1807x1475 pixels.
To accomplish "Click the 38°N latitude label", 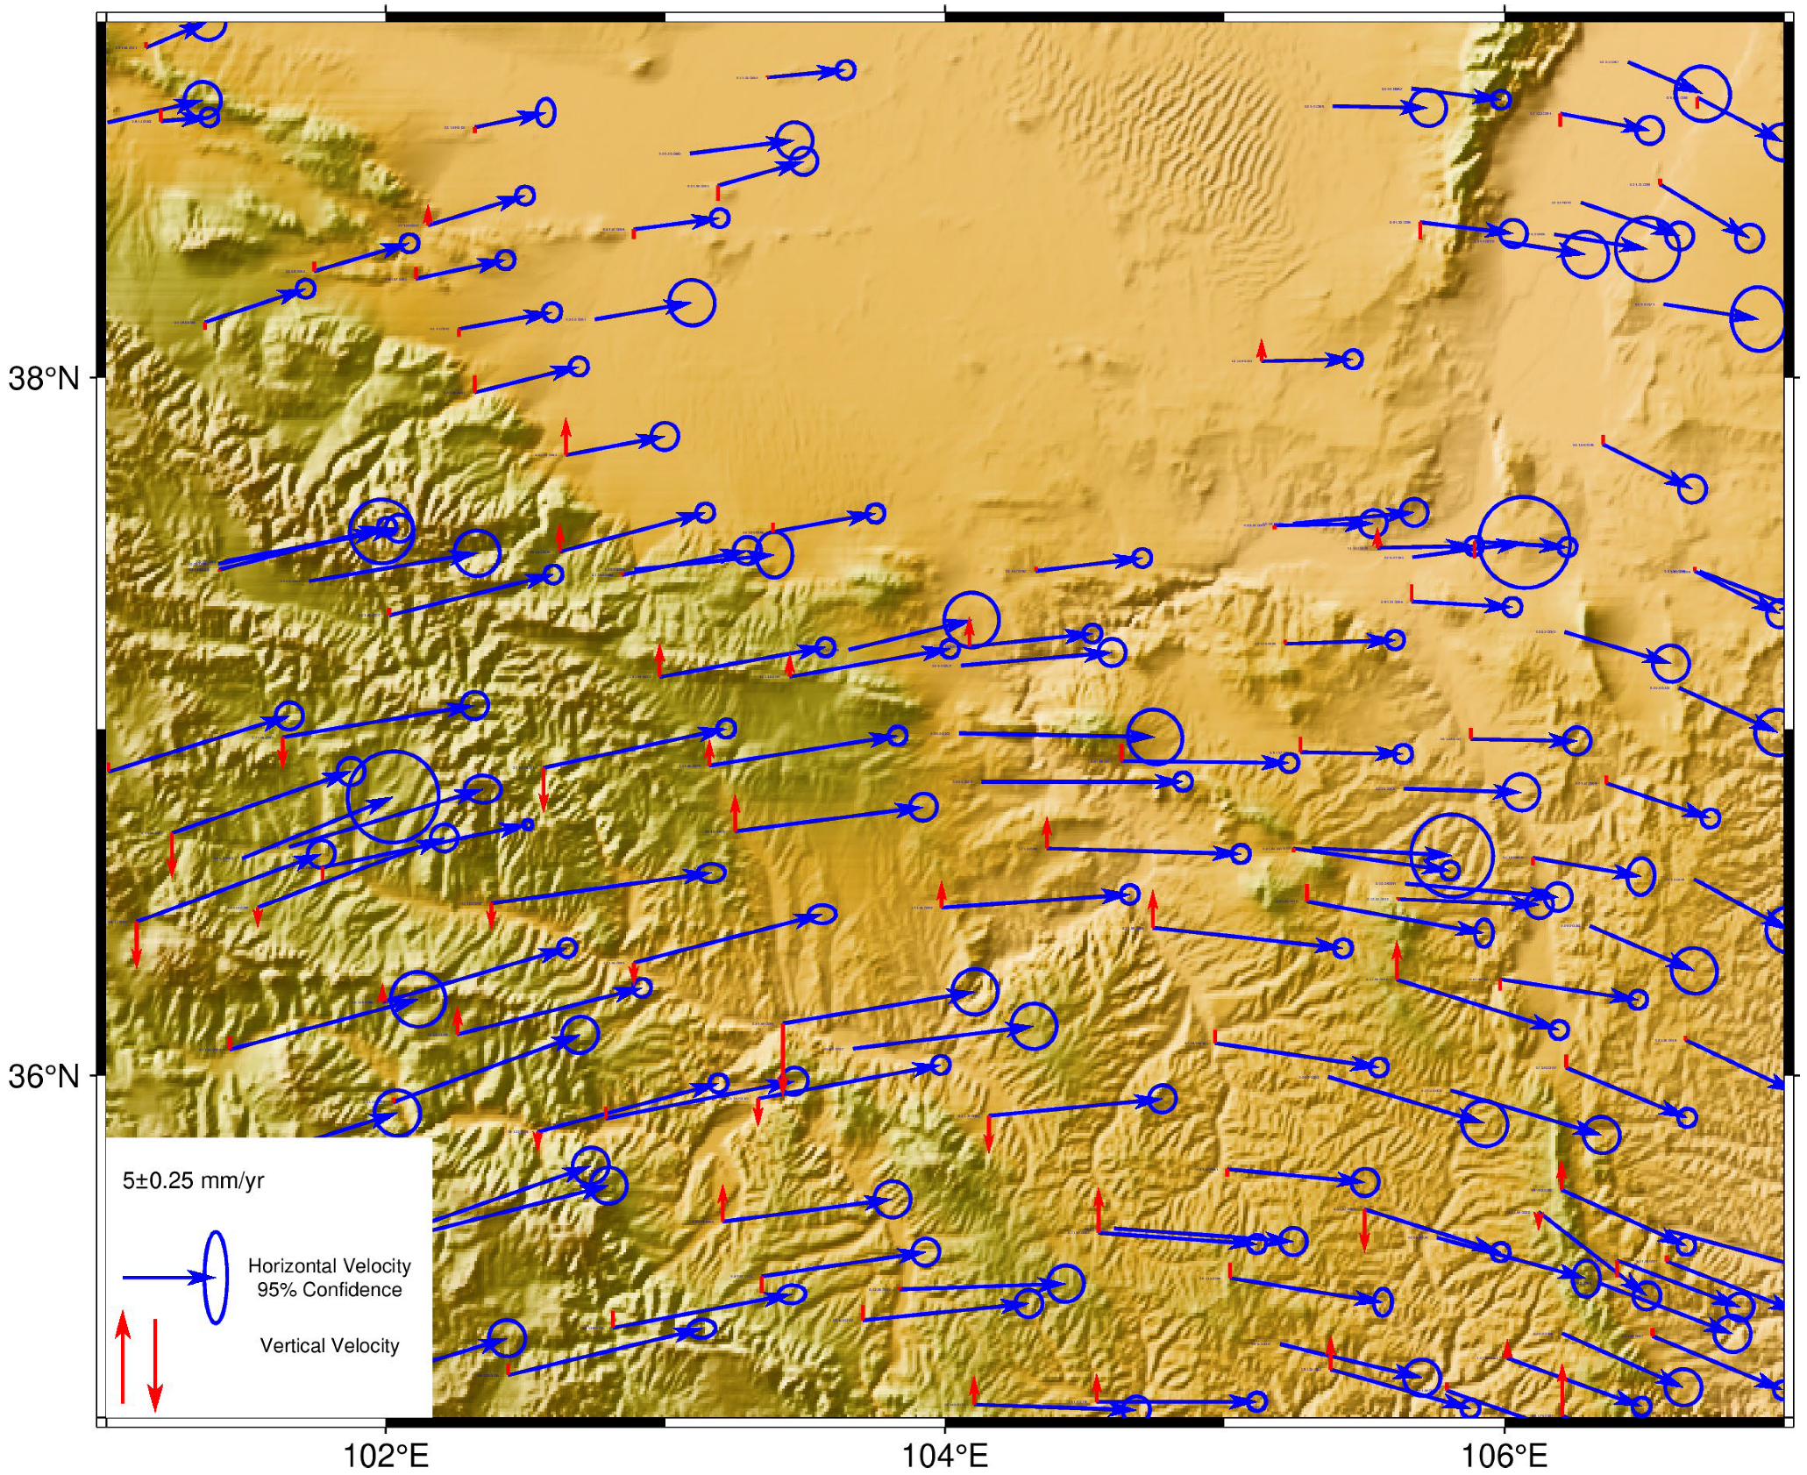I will coord(43,380).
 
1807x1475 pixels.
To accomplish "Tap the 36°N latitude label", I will coord(43,1076).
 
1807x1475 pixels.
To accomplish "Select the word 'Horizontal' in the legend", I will coord(291,1265).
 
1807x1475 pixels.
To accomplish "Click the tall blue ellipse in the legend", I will coord(215,1277).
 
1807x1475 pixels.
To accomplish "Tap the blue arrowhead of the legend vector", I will coord(193,1278).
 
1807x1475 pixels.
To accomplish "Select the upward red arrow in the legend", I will coord(123,1356).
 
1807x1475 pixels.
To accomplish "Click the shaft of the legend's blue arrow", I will coord(153,1278).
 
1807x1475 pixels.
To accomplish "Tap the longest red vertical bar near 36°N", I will coord(783,1057).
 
